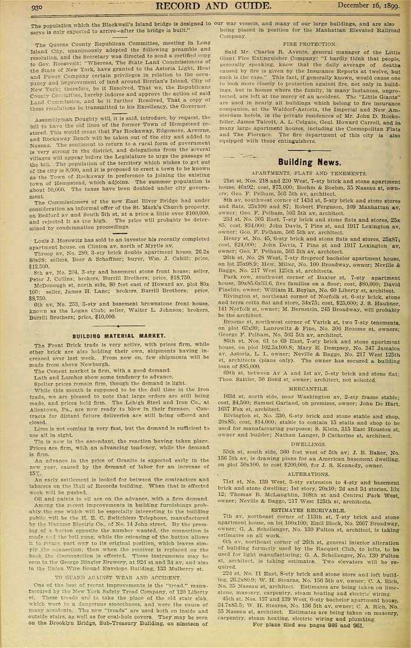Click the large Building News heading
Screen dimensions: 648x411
308,161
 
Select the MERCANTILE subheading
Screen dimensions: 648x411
309,389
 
